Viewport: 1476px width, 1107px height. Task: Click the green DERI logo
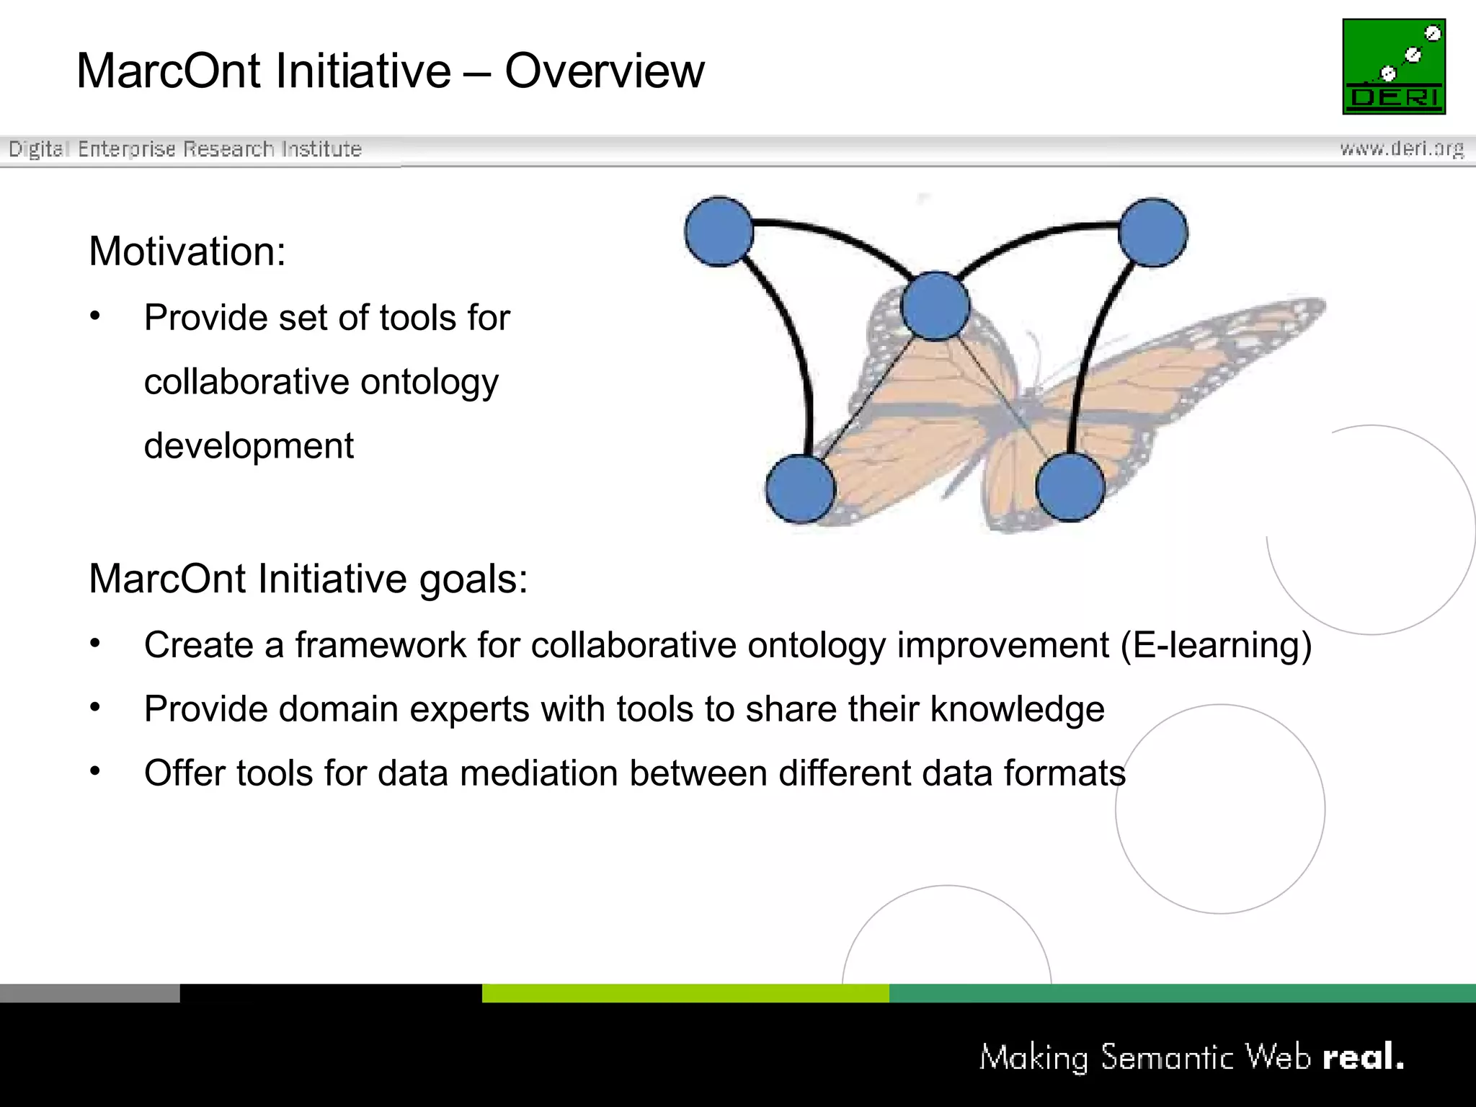click(1393, 66)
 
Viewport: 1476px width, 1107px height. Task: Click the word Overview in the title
click(604, 71)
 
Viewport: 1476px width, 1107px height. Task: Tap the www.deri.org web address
click(1401, 149)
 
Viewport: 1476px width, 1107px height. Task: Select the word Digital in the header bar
click(38, 149)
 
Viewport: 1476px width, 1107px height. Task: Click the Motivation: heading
click(187, 252)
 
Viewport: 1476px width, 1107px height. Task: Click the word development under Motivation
click(249, 446)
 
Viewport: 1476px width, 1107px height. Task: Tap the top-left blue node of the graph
click(719, 231)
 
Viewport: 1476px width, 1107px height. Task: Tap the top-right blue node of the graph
click(1152, 233)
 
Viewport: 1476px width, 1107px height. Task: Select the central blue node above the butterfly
click(935, 306)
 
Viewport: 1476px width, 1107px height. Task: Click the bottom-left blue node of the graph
click(800, 489)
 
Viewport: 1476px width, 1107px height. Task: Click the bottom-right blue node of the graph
click(1070, 487)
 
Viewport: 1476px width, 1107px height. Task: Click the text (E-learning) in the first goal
click(1216, 645)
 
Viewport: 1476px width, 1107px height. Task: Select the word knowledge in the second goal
click(1017, 709)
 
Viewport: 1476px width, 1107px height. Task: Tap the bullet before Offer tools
click(95, 771)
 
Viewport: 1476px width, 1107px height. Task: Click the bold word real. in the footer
click(1363, 1057)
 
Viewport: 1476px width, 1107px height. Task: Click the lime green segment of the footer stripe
click(685, 993)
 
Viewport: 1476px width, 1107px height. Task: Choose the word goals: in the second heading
click(474, 579)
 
